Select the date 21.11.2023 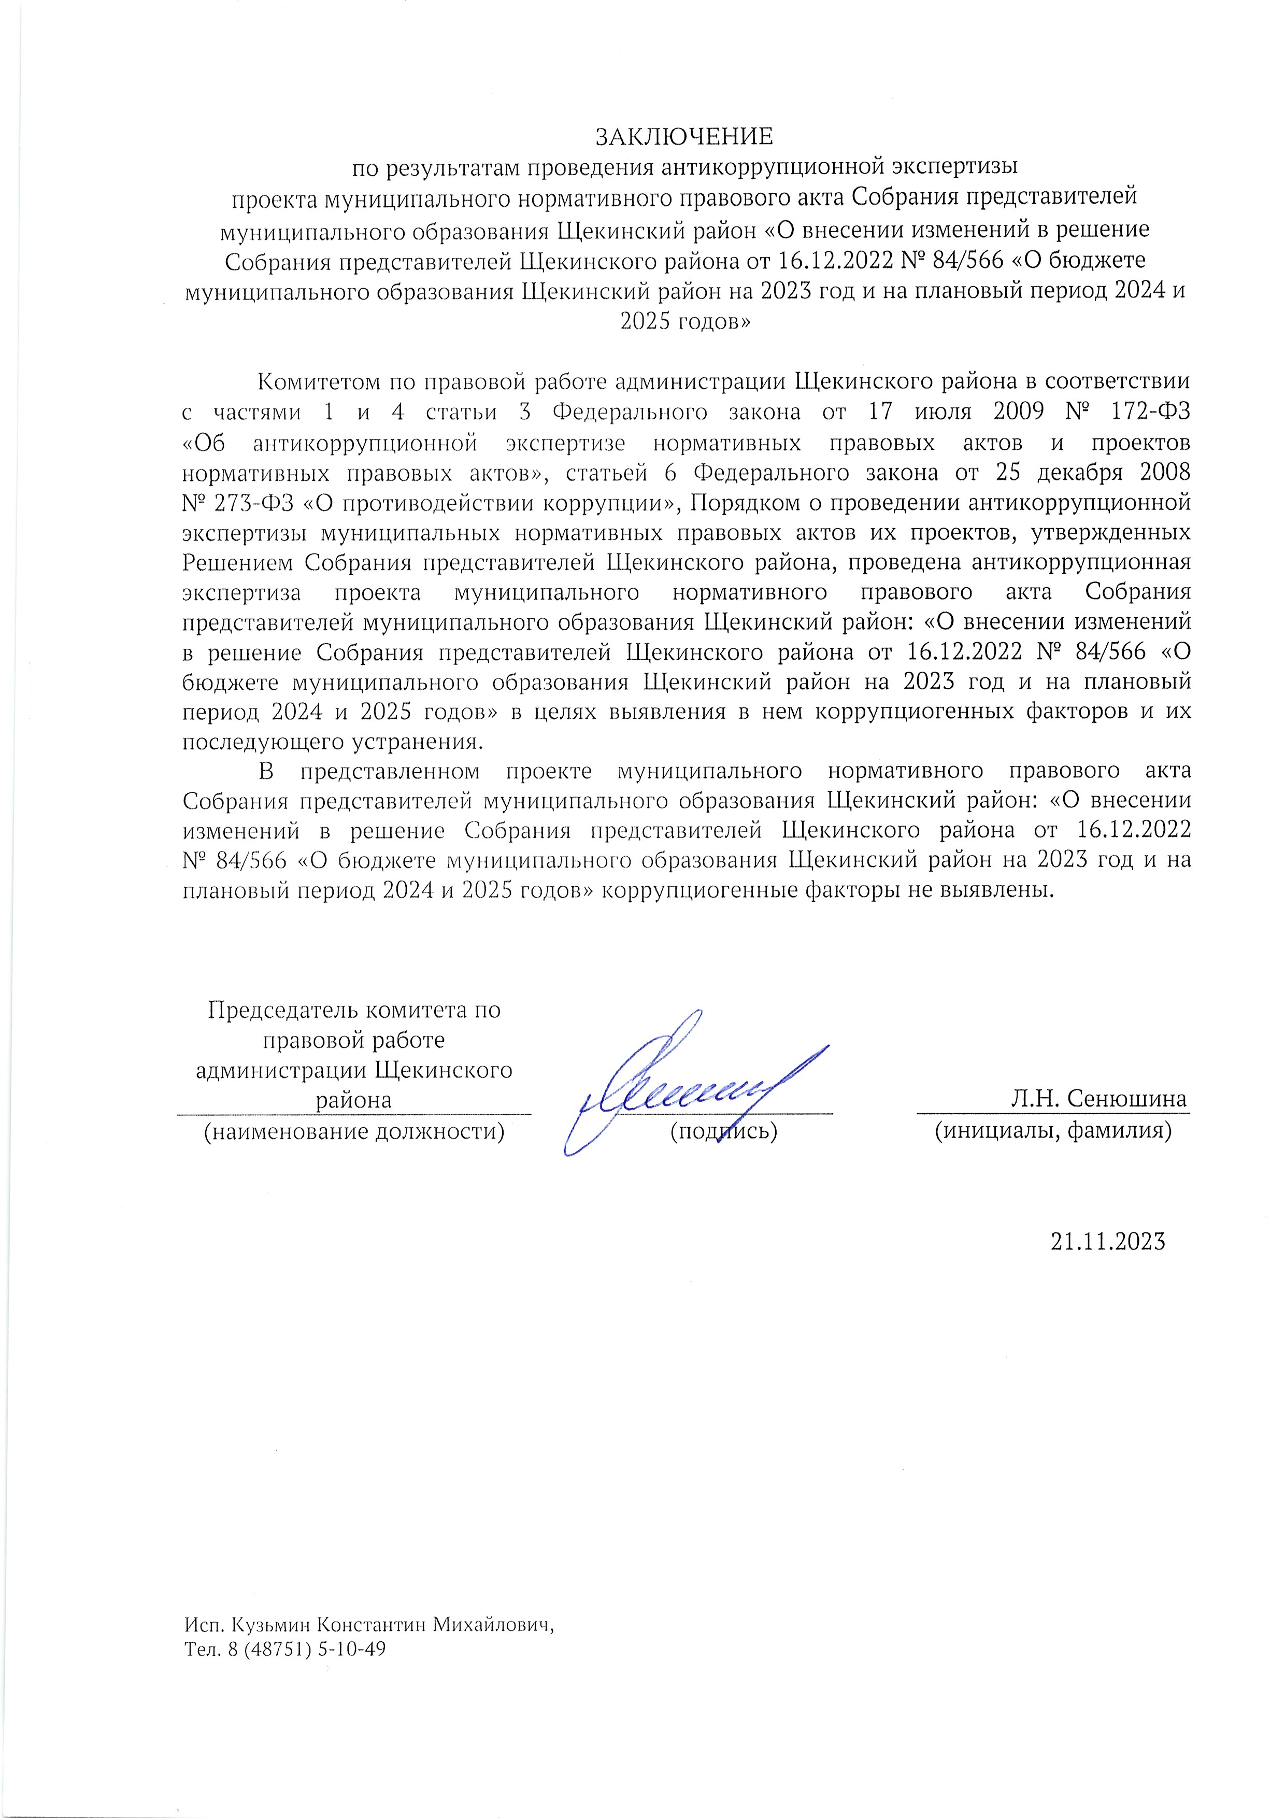(1108, 1241)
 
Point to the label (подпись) (724, 1131)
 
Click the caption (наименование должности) (354, 1131)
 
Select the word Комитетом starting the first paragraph (318, 381)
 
